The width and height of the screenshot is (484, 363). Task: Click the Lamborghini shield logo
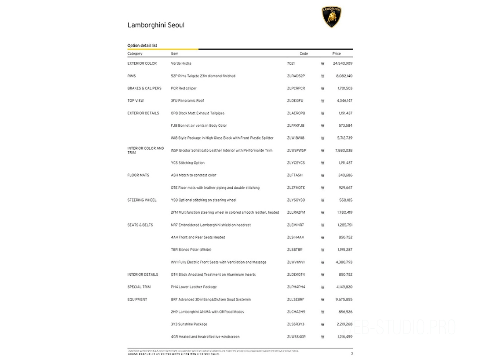click(332, 17)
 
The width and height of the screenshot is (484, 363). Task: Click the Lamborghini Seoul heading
click(156, 25)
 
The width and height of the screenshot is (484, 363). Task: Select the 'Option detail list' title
click(142, 46)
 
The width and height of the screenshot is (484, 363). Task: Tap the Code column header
click(304, 54)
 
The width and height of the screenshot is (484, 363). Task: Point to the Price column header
click(336, 54)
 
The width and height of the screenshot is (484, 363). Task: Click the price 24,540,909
click(342, 64)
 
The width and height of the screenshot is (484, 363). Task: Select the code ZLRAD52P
click(296, 76)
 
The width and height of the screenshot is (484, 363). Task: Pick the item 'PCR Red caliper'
click(184, 88)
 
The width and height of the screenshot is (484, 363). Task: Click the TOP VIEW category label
click(136, 101)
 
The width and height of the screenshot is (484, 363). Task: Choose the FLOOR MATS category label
click(138, 175)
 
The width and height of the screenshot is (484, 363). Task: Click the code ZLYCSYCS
click(296, 163)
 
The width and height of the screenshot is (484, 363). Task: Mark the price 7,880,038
click(344, 150)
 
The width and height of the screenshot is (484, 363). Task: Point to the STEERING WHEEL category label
click(142, 200)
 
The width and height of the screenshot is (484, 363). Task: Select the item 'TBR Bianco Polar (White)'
click(191, 250)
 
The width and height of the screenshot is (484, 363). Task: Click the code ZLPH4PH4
click(296, 287)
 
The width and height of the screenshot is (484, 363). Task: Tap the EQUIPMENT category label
click(137, 300)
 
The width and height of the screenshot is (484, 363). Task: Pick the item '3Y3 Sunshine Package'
click(189, 324)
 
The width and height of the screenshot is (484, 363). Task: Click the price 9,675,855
click(344, 300)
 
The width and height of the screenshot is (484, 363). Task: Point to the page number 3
click(352, 353)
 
